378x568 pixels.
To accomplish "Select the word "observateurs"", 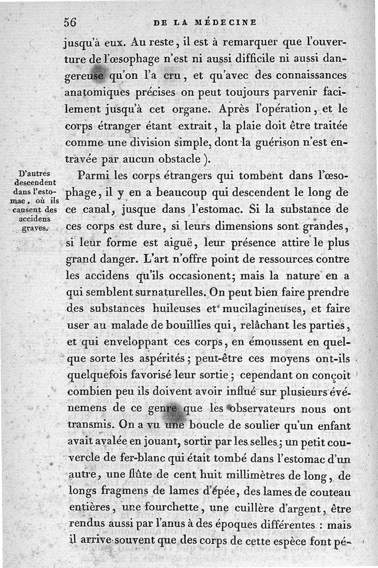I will [x=256, y=409].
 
